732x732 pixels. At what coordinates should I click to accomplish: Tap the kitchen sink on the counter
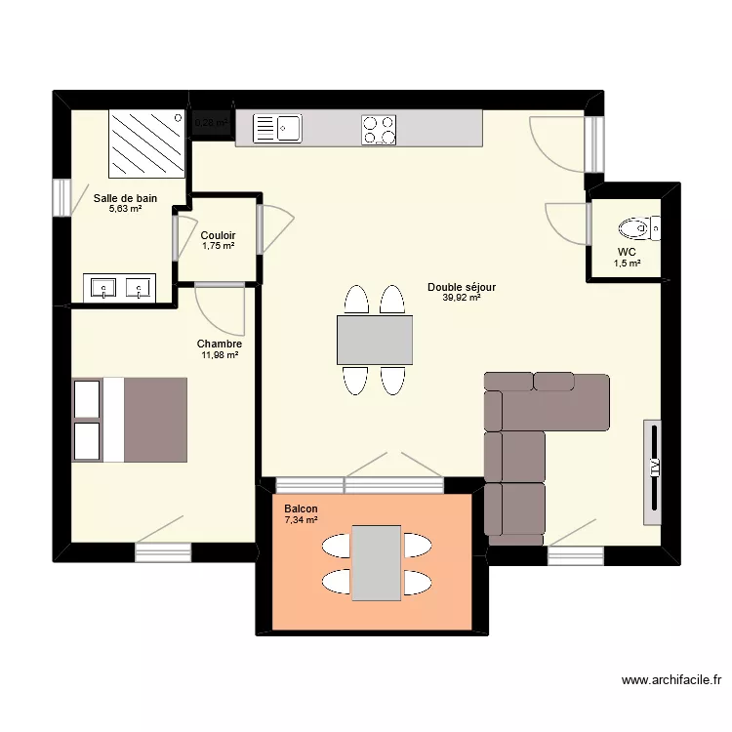[x=278, y=127]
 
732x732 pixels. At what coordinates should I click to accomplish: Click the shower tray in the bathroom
[x=146, y=142]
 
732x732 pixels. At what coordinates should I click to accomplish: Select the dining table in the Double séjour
[x=375, y=340]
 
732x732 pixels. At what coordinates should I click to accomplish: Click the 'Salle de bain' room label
[x=125, y=198]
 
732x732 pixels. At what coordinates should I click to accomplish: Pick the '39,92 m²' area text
[x=461, y=298]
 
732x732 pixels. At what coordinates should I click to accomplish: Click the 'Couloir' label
[x=218, y=235]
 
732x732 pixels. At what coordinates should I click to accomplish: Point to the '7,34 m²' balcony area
[x=302, y=520]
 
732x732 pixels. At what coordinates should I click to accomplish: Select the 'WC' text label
[x=627, y=251]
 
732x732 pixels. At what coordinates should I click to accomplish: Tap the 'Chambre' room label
[x=220, y=344]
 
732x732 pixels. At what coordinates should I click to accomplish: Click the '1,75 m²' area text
[x=218, y=246]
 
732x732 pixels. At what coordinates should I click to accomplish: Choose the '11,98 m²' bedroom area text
[x=220, y=355]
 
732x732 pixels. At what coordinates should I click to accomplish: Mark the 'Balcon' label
[x=302, y=508]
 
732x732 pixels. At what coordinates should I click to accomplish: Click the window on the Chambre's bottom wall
[x=162, y=553]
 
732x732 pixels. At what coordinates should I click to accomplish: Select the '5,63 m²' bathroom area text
[x=125, y=209]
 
